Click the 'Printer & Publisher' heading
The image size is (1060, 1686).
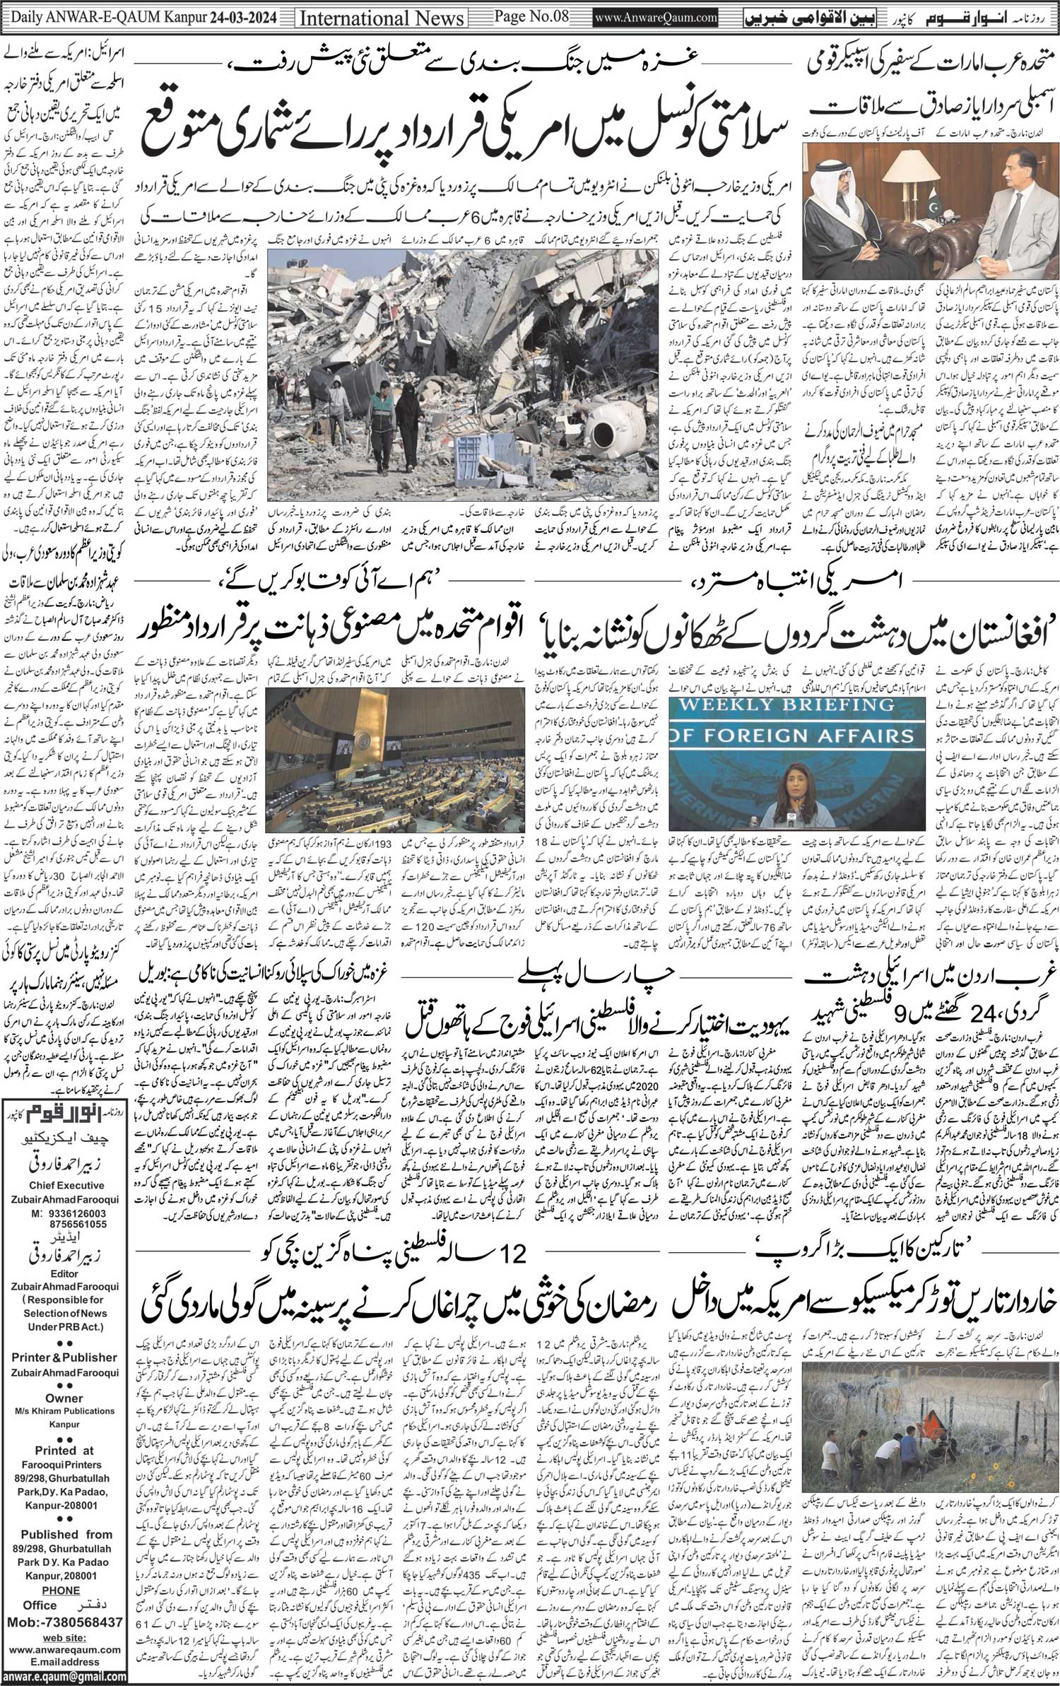click(x=64, y=1357)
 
